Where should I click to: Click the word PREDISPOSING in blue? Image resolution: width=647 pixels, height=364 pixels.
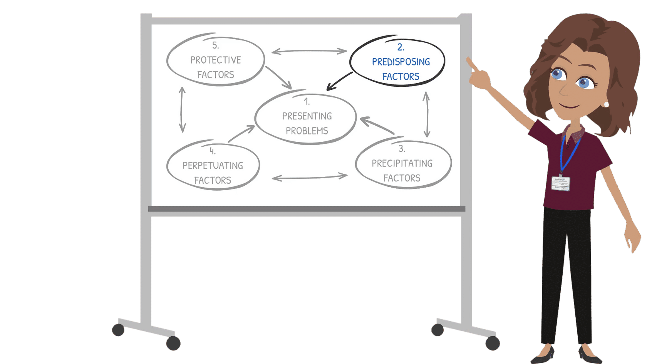tap(401, 62)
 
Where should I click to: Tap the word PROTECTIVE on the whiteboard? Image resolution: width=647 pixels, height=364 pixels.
tap(215, 60)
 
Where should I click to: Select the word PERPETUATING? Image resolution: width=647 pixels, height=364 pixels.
tap(213, 166)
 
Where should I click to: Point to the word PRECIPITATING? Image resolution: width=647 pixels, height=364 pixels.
tap(402, 163)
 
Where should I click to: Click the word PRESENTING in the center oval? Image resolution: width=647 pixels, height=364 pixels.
tap(307, 116)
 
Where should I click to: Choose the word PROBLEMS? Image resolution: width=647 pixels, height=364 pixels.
tap(307, 131)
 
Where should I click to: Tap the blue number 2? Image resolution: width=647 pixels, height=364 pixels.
tap(401, 47)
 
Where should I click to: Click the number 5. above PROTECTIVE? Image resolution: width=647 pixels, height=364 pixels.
tap(215, 45)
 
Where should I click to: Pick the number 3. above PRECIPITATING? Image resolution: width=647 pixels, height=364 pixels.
tap(401, 149)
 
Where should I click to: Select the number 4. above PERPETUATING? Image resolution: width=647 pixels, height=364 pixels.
tap(212, 151)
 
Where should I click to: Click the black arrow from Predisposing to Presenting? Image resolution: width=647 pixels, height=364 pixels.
tap(339, 81)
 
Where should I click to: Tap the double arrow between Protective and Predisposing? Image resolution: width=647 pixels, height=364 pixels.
tap(309, 51)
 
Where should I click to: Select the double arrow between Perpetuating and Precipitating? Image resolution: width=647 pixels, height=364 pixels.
tap(309, 177)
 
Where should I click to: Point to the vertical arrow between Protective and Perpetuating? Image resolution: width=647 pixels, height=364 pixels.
tap(182, 110)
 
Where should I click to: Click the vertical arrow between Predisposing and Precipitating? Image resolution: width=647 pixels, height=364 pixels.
tap(426, 114)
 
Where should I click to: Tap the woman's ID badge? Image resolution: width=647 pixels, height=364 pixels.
tap(560, 183)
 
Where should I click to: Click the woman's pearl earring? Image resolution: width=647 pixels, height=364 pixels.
tap(606, 104)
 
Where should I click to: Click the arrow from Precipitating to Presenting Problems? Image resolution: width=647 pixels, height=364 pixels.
tap(377, 125)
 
